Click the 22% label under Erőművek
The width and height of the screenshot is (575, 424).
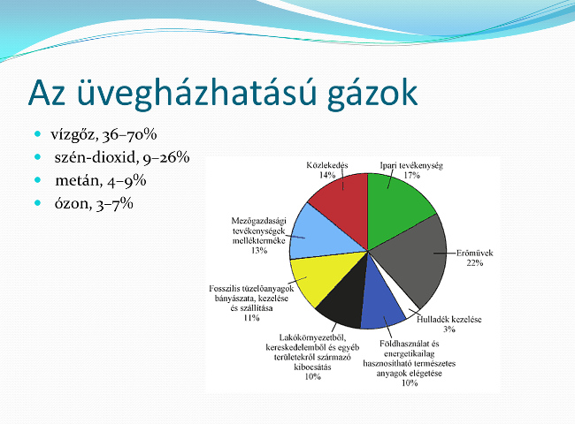(475, 263)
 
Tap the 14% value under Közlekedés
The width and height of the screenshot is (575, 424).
(327, 176)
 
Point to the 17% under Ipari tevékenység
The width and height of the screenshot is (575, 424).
(411, 176)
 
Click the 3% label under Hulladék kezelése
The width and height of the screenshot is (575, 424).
(449, 329)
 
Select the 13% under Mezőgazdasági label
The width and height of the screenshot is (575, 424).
(259, 251)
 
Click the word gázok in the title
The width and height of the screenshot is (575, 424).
(372, 94)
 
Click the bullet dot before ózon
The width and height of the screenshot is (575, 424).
(38, 202)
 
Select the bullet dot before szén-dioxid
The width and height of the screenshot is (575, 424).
(38, 156)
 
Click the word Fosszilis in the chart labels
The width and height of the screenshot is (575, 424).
(223, 289)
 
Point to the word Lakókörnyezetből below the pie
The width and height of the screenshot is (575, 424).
(312, 337)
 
